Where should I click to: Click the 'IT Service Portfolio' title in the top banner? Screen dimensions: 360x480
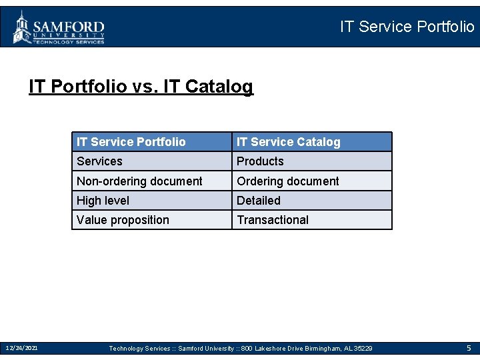(x=407, y=27)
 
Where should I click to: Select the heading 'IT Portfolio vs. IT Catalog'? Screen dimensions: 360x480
(x=141, y=87)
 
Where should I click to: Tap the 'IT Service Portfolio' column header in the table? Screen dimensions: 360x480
(x=131, y=142)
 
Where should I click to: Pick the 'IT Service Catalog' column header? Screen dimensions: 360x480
(x=288, y=142)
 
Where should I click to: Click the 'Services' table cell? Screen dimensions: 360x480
(x=99, y=161)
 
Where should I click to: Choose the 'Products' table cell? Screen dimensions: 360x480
(x=260, y=161)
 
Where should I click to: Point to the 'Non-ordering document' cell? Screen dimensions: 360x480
(x=139, y=181)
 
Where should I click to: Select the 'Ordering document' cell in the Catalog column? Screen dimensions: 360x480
(x=287, y=181)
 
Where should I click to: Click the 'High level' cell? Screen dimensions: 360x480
(x=103, y=201)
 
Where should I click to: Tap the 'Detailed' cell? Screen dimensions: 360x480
(x=259, y=201)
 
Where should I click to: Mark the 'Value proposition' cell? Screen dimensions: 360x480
(x=123, y=220)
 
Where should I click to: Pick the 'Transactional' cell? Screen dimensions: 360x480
(x=273, y=220)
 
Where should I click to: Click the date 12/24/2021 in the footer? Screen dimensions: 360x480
(x=21, y=348)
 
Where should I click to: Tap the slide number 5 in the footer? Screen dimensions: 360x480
(x=469, y=348)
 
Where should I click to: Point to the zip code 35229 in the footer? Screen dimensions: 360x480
(x=363, y=349)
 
